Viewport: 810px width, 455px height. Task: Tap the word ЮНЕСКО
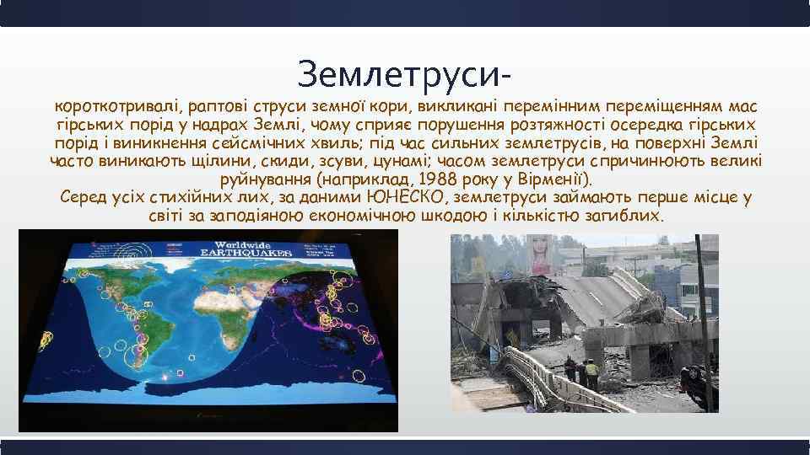(x=408, y=198)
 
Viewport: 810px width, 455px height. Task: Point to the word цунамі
(x=405, y=162)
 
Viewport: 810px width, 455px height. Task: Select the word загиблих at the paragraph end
(x=628, y=216)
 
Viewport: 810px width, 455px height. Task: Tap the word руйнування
(x=267, y=179)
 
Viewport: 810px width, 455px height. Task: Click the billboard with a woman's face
(x=537, y=254)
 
